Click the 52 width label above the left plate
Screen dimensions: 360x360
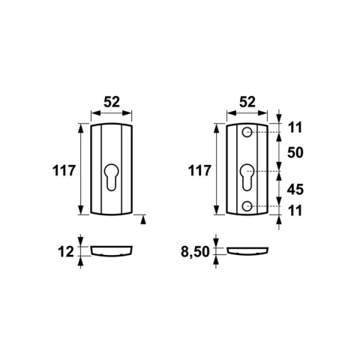pos(112,102)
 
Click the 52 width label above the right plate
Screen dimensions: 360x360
pos(247,102)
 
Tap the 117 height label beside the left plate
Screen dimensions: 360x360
pos(64,171)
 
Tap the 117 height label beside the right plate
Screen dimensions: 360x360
pos(199,171)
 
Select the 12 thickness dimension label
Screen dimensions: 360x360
pos(66,252)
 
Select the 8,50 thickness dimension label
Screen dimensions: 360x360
pos(195,252)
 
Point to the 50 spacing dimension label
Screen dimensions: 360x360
pos(295,152)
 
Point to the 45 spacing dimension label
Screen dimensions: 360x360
pos(295,190)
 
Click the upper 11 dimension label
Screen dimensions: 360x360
pos(295,127)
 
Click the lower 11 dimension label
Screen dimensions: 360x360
pos(295,211)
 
